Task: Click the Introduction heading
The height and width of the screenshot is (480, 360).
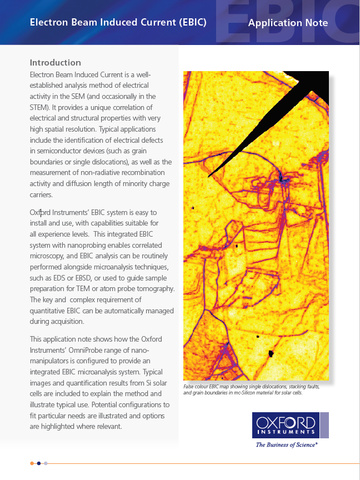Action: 55,63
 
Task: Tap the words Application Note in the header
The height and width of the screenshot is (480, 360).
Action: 288,23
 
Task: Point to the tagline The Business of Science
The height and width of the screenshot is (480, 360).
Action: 287,445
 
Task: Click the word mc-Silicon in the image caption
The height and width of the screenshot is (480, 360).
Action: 252,392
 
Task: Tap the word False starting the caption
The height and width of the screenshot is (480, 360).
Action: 190,386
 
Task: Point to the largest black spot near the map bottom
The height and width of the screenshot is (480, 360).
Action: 272,353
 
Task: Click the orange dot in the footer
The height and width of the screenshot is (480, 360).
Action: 33,463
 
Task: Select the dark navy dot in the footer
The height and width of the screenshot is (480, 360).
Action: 39,463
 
